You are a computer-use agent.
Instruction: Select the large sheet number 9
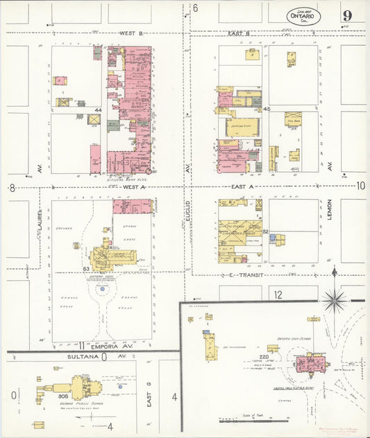346,15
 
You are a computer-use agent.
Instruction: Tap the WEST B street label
131,33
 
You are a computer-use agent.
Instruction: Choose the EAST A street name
242,187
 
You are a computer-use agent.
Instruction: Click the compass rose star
335,300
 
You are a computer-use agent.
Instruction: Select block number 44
99,110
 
